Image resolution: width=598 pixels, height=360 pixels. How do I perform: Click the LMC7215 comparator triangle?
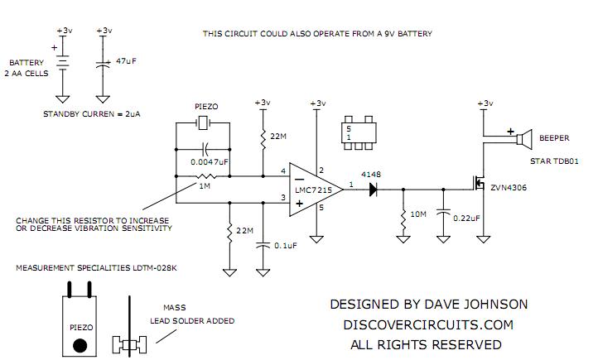pos(316,190)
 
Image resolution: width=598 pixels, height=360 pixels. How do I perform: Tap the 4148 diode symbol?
pos(374,190)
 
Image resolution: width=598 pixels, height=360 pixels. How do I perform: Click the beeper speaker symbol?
pos(524,139)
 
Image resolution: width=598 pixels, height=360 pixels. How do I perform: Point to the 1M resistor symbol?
pos(206,176)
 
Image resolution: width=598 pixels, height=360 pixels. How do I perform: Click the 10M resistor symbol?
pos(403,218)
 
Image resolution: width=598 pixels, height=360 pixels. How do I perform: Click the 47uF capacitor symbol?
pos(103,64)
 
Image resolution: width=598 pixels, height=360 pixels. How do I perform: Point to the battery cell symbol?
pos(63,63)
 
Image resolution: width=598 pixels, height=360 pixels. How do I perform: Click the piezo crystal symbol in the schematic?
pos(203,123)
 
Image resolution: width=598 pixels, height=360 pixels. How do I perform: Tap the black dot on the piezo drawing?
pos(80,345)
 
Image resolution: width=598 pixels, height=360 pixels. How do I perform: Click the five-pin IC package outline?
pos(359,133)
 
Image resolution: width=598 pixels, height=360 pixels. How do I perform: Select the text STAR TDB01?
pos(554,161)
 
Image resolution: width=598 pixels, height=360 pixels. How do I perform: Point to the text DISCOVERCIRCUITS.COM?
pos(428,324)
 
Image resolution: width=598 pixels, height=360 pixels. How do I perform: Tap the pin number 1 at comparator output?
pos(351,185)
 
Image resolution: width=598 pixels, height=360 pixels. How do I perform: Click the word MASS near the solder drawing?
pos(175,307)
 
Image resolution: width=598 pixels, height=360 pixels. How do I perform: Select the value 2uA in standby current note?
pos(133,114)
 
